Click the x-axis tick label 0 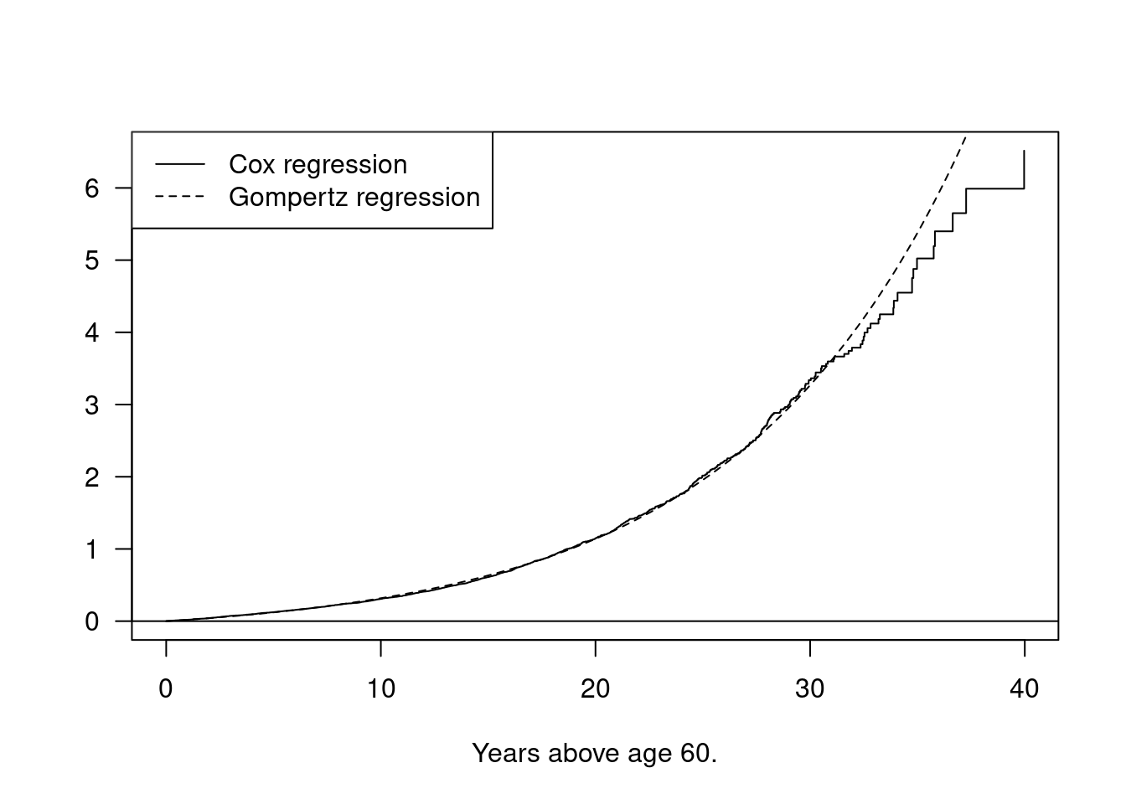pyautogui.click(x=166, y=689)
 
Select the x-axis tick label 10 pyautogui.click(x=380, y=689)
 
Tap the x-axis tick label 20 pyautogui.click(x=595, y=689)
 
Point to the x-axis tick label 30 pyautogui.click(x=810, y=689)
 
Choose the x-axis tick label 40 pyautogui.click(x=1025, y=689)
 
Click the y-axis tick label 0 pyautogui.click(x=92, y=621)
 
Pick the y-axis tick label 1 pyautogui.click(x=92, y=549)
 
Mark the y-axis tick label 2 pyautogui.click(x=92, y=477)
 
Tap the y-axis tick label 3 pyautogui.click(x=92, y=405)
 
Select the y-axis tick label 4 pyautogui.click(x=92, y=332)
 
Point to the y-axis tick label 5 pyautogui.click(x=92, y=260)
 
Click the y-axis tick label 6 pyautogui.click(x=92, y=188)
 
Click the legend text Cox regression pyautogui.click(x=318, y=165)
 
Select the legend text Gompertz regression pyautogui.click(x=354, y=198)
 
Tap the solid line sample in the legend pyautogui.click(x=180, y=165)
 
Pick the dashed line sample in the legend pyautogui.click(x=180, y=198)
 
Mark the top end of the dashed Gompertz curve pyautogui.click(x=965, y=137)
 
